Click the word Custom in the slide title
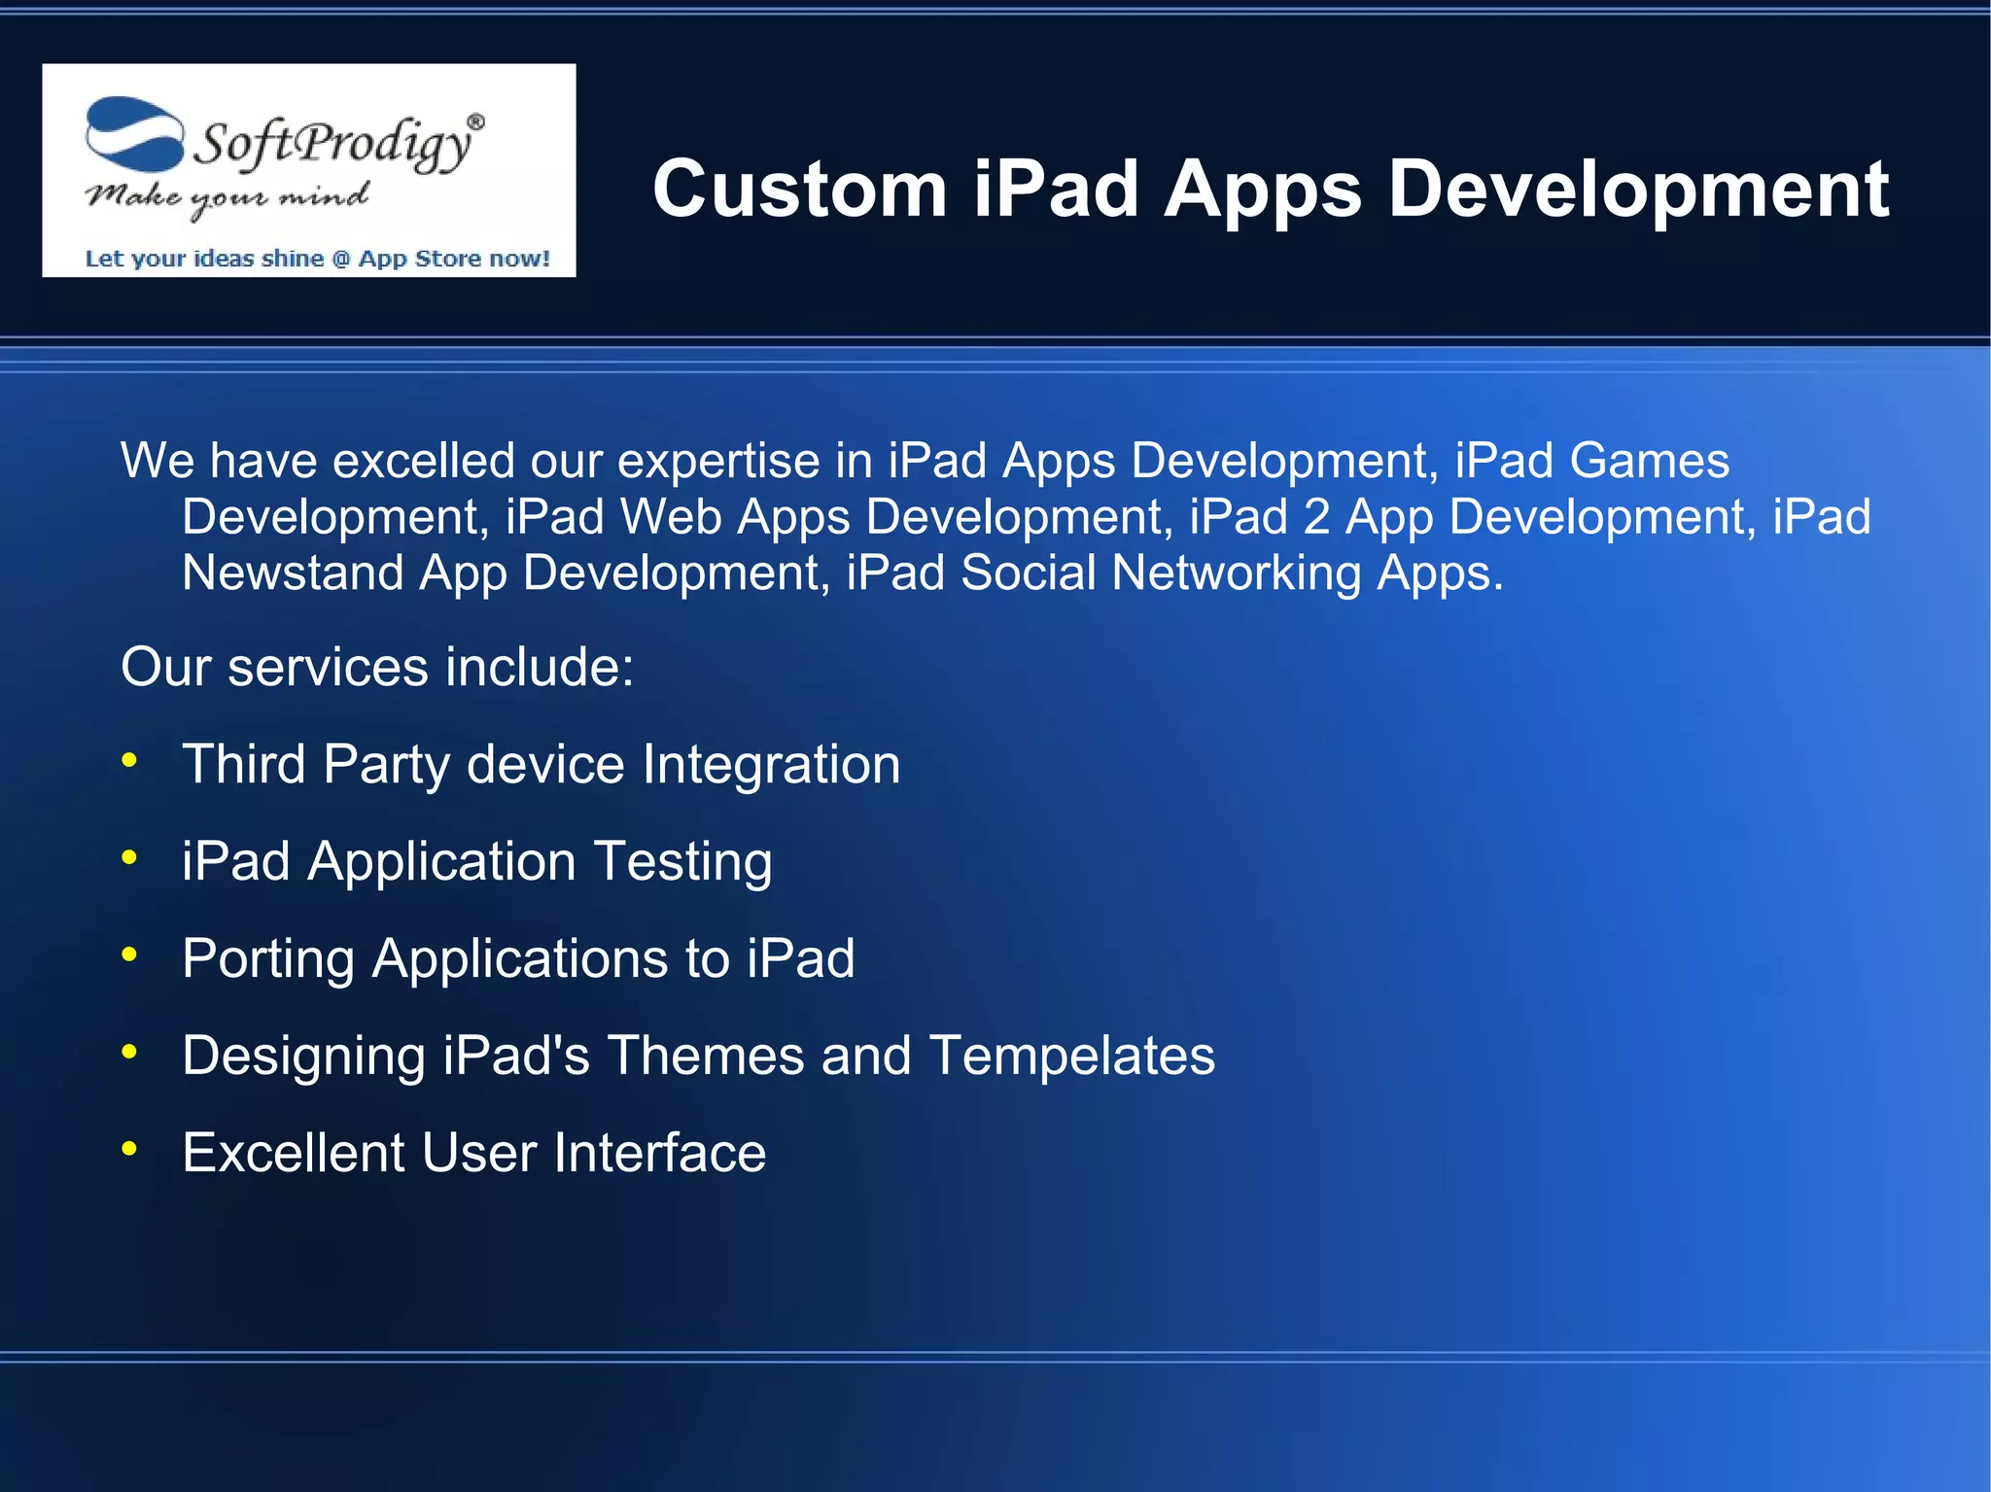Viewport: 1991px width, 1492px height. point(799,189)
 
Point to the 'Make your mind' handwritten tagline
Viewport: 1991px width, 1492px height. point(227,197)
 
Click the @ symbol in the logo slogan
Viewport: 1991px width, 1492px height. point(340,259)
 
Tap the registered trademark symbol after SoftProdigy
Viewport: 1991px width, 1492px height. point(475,121)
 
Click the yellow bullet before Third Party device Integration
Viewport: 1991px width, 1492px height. point(129,760)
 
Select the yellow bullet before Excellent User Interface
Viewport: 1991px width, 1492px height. point(129,1149)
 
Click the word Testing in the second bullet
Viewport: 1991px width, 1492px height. point(682,861)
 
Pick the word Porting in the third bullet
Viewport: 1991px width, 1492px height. point(268,959)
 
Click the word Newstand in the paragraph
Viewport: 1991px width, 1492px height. point(293,573)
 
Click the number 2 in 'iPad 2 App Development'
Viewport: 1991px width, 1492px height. point(1316,516)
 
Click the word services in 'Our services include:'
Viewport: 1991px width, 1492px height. point(328,667)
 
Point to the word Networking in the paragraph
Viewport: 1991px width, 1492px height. point(1236,573)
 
